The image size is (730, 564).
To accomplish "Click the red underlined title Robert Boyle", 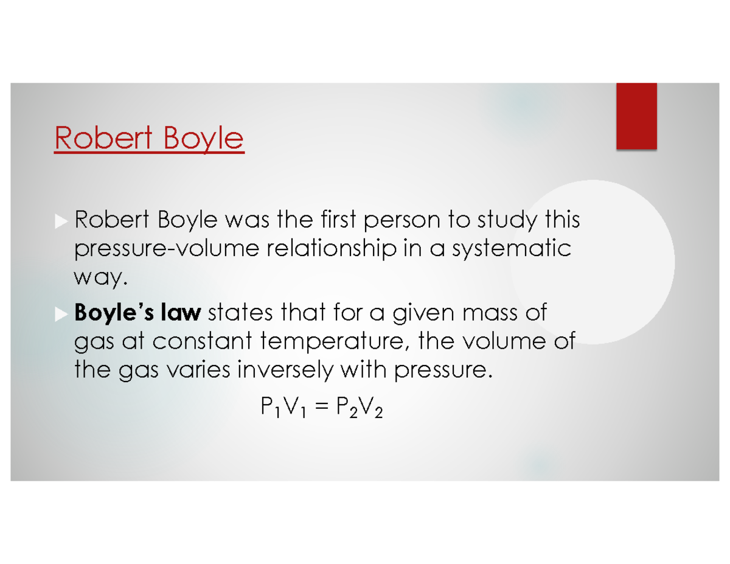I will click(149, 139).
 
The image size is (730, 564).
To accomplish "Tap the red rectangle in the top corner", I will click(636, 116).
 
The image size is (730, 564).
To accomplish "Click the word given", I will click(414, 315).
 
